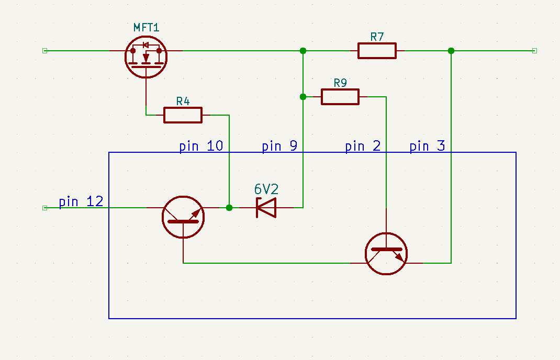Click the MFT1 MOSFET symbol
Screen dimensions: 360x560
146,57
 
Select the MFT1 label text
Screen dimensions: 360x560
146,27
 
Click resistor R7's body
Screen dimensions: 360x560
377,51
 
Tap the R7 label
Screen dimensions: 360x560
377,37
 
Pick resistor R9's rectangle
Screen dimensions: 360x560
340,97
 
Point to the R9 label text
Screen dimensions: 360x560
340,83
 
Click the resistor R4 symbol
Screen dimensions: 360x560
183,115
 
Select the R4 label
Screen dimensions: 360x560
183,101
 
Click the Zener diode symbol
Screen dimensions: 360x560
266,208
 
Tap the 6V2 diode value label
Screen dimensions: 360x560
266,189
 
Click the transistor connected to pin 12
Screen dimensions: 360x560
183,217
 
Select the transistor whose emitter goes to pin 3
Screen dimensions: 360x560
386,254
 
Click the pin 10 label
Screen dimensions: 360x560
201,146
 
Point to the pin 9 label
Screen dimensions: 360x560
279,146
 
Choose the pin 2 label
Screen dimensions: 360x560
363,146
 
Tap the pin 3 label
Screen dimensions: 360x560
427,146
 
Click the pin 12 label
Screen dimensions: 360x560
81,201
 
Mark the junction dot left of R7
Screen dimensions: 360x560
303,51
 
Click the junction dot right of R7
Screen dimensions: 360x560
451,51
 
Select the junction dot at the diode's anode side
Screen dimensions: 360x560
229,208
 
